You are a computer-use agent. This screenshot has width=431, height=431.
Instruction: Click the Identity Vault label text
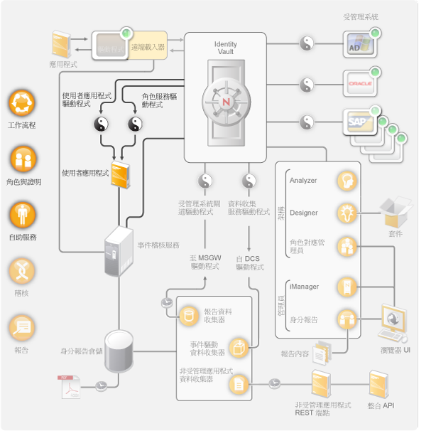click(226, 48)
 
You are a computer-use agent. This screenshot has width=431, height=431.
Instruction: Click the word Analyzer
click(303, 181)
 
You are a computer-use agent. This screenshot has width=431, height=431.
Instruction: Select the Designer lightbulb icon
click(347, 213)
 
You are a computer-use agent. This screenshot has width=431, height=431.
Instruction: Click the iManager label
click(304, 287)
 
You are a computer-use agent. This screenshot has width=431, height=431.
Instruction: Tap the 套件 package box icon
click(395, 212)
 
